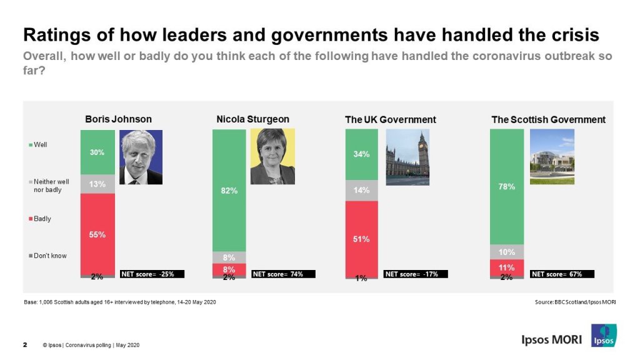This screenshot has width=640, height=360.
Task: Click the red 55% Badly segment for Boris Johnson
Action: tap(97, 234)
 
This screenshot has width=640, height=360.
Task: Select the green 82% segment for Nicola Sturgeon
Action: tap(229, 190)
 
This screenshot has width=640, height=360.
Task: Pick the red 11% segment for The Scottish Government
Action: tap(506, 267)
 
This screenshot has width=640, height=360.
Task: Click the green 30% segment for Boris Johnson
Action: tap(97, 152)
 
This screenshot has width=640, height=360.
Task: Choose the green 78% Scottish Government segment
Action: tap(506, 186)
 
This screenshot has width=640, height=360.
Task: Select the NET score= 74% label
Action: tap(283, 274)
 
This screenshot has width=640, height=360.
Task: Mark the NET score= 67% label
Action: tap(562, 274)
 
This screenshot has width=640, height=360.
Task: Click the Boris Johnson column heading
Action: tap(118, 119)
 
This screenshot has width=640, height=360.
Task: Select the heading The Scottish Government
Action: tap(548, 119)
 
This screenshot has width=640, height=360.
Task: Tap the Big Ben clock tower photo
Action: tap(407, 157)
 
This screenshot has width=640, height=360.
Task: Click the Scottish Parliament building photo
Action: tap(551, 156)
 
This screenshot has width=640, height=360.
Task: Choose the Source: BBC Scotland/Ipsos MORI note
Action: tap(575, 302)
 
